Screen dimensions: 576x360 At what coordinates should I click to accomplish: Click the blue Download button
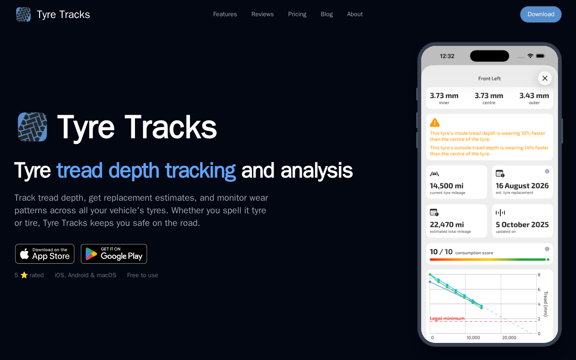pyautogui.click(x=540, y=14)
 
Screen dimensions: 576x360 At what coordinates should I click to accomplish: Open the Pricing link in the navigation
pyautogui.click(x=297, y=14)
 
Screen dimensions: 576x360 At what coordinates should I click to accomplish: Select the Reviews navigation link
pyautogui.click(x=262, y=14)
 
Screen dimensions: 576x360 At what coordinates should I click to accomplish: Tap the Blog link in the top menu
pyautogui.click(x=327, y=14)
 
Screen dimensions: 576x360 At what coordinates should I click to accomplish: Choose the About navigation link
pyautogui.click(x=355, y=14)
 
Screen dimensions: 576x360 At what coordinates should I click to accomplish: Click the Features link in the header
pyautogui.click(x=225, y=14)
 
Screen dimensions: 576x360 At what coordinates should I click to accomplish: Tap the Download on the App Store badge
pyautogui.click(x=45, y=254)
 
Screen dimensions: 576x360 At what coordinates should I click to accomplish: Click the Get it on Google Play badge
pyautogui.click(x=114, y=254)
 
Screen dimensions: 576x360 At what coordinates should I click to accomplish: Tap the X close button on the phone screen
pyautogui.click(x=544, y=78)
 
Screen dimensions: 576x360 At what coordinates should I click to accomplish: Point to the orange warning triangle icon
pyautogui.click(x=435, y=123)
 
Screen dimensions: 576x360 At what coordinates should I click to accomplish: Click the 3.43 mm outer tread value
pyautogui.click(x=534, y=96)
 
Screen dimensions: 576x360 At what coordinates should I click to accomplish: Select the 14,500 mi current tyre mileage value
pyautogui.click(x=446, y=186)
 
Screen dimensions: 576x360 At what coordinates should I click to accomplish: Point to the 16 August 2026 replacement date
pyautogui.click(x=522, y=186)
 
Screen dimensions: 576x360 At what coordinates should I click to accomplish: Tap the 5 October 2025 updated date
pyautogui.click(x=522, y=225)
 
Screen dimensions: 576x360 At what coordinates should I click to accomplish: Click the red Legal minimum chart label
pyautogui.click(x=447, y=318)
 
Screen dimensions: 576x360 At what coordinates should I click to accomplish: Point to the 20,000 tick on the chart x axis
pyautogui.click(x=509, y=337)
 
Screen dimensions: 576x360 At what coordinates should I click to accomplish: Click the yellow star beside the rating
pyautogui.click(x=24, y=275)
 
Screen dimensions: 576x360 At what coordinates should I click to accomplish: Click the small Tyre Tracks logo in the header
pyautogui.click(x=23, y=14)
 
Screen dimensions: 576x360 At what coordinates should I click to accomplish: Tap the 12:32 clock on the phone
pyautogui.click(x=447, y=56)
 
